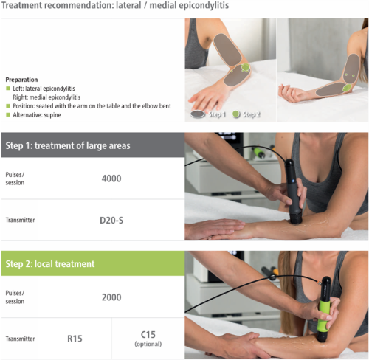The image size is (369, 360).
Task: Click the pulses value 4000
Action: [111, 179]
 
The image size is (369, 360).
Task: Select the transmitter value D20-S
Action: [111, 221]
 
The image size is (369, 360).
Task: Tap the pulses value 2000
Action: [111, 297]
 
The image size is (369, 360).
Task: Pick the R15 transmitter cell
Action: [75, 339]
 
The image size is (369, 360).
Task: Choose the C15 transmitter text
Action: [148, 334]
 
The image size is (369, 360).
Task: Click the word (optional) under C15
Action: [148, 344]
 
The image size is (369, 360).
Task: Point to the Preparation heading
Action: [21, 80]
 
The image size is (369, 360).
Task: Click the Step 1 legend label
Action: [217, 114]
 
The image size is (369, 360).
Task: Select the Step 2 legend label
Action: [252, 114]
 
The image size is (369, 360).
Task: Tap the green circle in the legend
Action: [236, 114]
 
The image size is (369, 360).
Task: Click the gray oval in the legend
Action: [198, 114]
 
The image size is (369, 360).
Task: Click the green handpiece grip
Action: [325, 315]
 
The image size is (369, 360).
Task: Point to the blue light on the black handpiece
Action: [293, 181]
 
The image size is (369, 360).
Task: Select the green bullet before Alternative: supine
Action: [8, 114]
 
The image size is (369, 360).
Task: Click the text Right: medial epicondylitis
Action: [46, 97]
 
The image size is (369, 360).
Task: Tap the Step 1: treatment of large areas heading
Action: [68, 145]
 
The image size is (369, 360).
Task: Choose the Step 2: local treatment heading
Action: [50, 264]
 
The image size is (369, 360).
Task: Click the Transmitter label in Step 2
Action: [20, 339]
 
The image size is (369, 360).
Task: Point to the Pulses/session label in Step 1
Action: [15, 179]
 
